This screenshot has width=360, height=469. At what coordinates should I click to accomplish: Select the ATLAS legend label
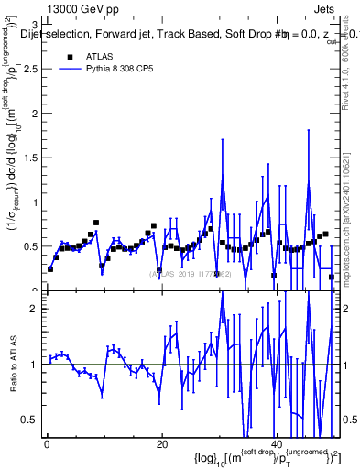tap(97, 57)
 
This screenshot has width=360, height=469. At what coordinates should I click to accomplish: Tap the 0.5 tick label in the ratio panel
tap(32, 420)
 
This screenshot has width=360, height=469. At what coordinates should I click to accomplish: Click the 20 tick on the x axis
tap(161, 444)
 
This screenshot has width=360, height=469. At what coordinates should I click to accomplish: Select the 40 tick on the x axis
tap(276, 444)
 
